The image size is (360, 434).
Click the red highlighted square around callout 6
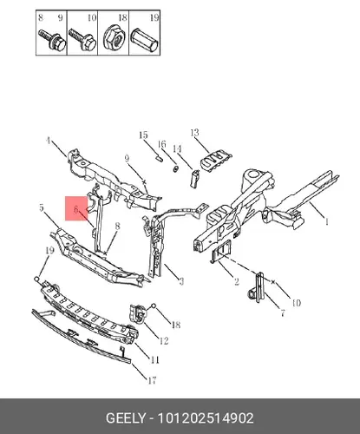(x=76, y=208)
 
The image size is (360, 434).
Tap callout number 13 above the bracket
(x=195, y=133)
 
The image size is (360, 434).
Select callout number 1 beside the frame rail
(x=327, y=222)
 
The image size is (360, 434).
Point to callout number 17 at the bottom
(x=152, y=380)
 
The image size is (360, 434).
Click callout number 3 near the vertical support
(x=181, y=281)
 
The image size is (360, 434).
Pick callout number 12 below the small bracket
(x=164, y=341)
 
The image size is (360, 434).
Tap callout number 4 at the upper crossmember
(x=48, y=141)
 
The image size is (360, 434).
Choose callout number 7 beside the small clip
(x=283, y=312)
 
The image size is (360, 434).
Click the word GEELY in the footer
(x=125, y=418)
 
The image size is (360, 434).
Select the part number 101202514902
(x=206, y=418)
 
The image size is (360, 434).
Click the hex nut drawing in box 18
(x=113, y=39)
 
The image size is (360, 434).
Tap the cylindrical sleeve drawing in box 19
(x=144, y=40)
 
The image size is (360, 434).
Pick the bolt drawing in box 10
(x=82, y=40)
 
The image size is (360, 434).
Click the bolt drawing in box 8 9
(x=52, y=40)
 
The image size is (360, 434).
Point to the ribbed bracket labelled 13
(x=216, y=161)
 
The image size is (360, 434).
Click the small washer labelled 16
(x=175, y=168)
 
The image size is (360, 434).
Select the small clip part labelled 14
(x=194, y=178)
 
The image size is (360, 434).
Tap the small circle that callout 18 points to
(x=154, y=305)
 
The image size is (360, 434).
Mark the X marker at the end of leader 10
(x=273, y=282)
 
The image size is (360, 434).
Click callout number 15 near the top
(x=143, y=135)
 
